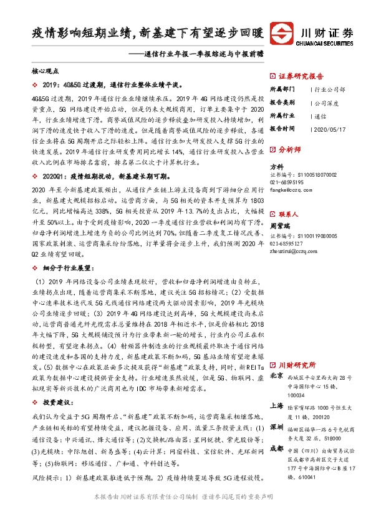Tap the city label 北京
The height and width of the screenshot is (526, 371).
[276, 377]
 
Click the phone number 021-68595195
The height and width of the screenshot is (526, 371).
[286, 181]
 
